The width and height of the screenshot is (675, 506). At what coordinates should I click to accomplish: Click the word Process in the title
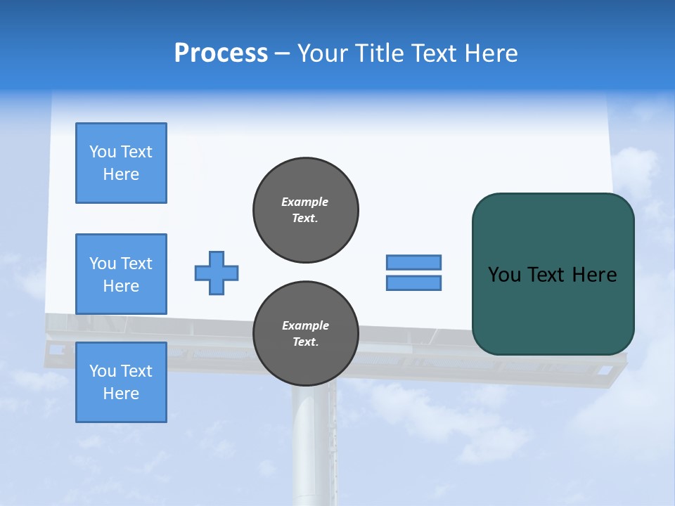(221, 53)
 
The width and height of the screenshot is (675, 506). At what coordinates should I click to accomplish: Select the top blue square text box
(121, 163)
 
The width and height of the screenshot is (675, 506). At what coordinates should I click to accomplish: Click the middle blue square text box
(121, 274)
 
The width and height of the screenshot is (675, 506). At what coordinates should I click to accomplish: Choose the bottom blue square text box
(121, 382)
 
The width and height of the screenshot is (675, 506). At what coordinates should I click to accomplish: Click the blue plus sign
(217, 273)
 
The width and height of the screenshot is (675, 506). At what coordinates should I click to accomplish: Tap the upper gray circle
(306, 210)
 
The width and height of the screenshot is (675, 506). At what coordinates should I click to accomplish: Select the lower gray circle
(306, 334)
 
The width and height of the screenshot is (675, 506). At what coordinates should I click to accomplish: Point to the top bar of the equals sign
(413, 262)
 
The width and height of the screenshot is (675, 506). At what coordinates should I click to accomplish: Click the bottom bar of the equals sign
(413, 283)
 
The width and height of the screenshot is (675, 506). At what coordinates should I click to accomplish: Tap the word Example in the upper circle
(305, 202)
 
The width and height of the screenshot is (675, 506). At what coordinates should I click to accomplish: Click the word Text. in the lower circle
(305, 342)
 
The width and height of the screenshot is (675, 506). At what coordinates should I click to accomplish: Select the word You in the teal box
(504, 275)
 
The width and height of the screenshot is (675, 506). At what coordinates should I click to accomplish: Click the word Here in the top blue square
(121, 174)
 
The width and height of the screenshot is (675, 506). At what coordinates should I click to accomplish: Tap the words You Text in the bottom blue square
(121, 371)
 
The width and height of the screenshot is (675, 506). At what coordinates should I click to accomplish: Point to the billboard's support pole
(314, 443)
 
